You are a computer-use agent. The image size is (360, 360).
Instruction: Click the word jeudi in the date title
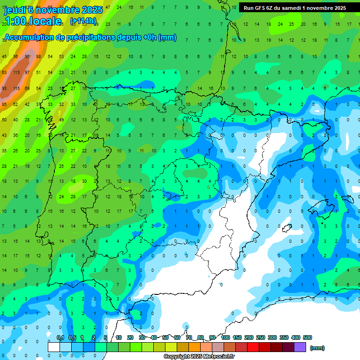coord(14,10)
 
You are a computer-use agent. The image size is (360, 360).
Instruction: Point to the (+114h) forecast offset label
coord(83,21)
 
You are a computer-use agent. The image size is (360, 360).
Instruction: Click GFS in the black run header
coord(260,8)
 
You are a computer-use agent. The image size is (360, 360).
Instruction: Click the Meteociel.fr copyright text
coord(199,357)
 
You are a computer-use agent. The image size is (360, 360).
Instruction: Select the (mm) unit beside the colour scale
coord(317,348)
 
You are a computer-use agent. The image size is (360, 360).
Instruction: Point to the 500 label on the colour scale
coord(307,337)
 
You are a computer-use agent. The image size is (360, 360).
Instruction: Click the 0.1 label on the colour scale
coord(60,337)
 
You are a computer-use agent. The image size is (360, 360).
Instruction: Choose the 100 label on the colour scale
coord(225,337)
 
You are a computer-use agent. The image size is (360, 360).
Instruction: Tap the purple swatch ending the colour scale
coord(300,347)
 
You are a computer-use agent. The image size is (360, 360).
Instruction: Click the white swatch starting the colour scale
coord(54,347)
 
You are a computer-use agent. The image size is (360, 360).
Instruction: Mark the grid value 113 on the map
coord(16,73)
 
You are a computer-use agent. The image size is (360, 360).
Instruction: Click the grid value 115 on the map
coord(16,88)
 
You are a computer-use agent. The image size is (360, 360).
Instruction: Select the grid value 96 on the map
coord(27,57)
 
